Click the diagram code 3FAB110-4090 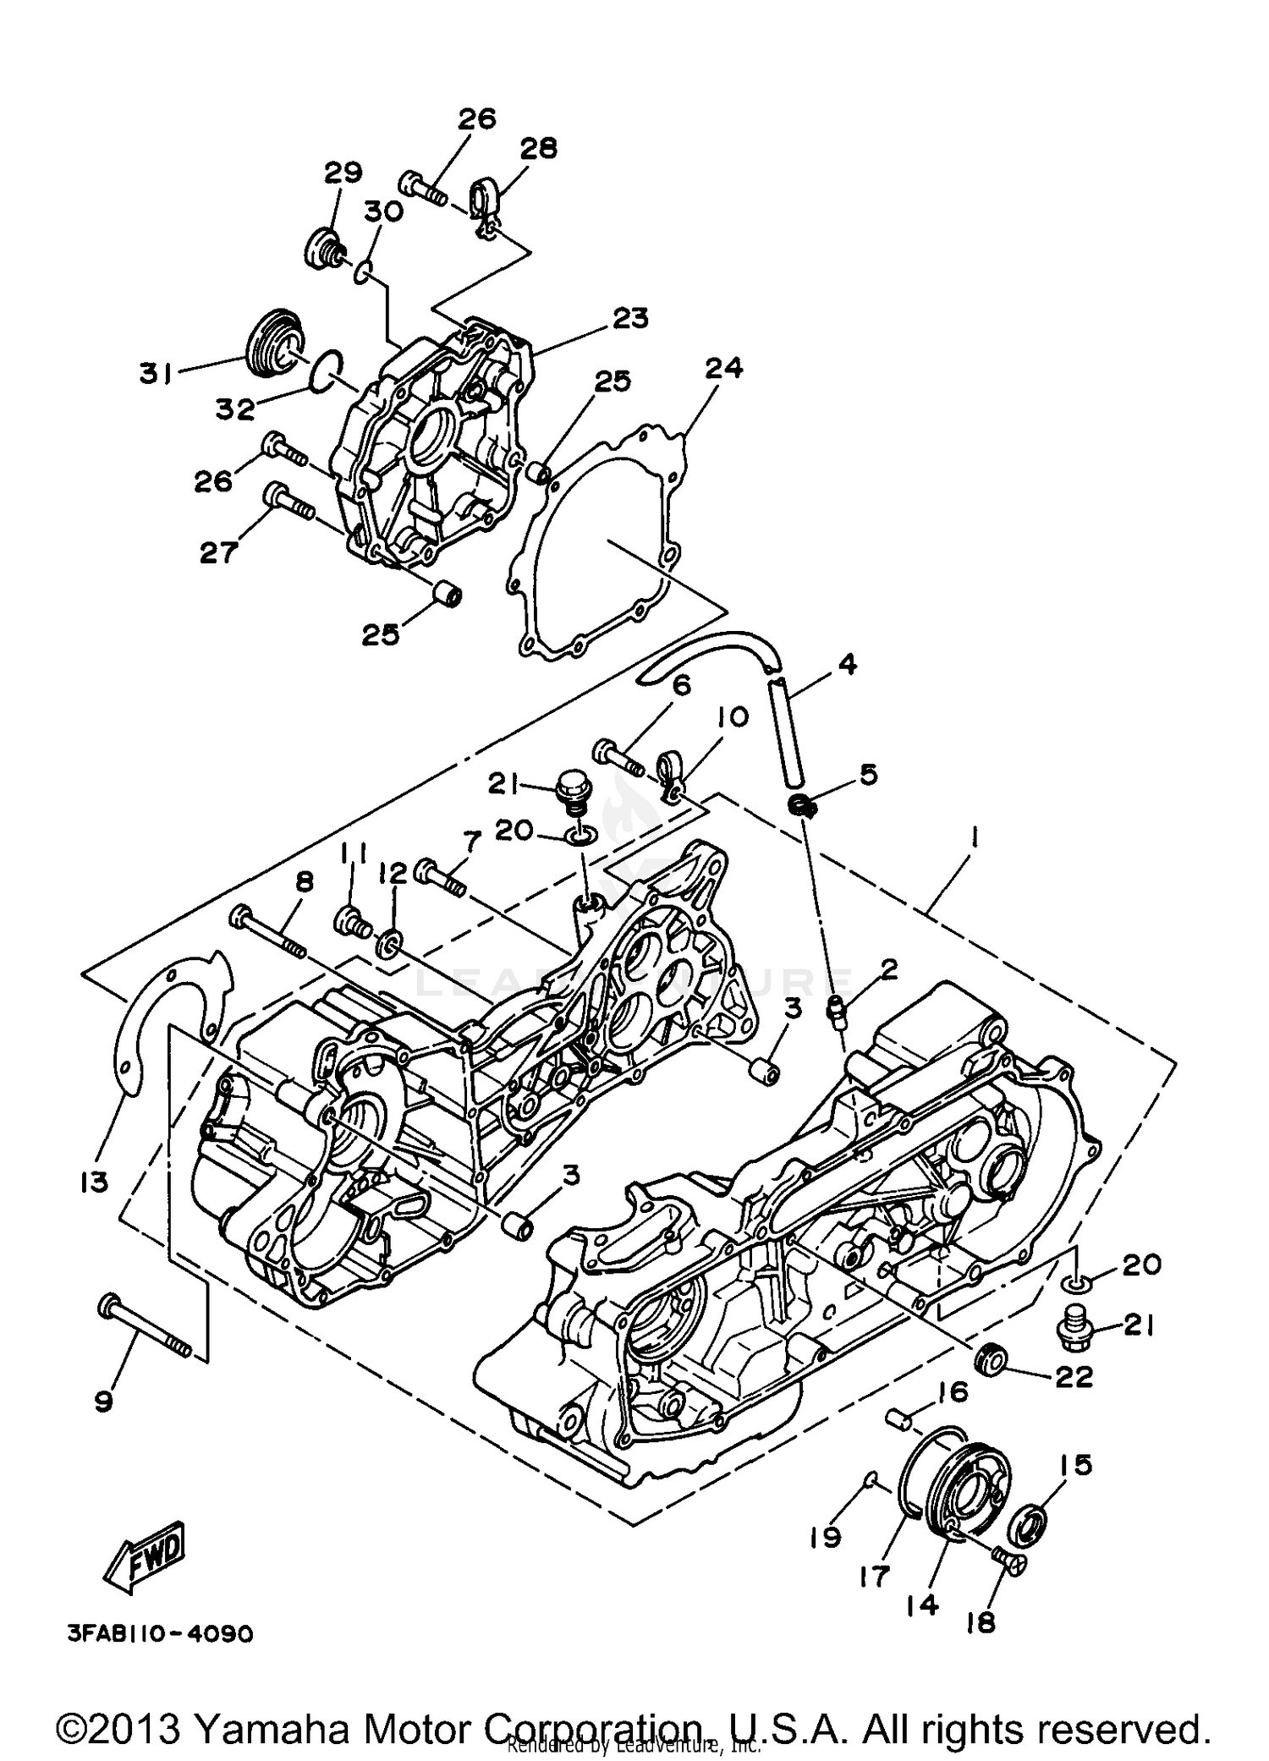pos(160,1633)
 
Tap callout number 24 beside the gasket pos(724,369)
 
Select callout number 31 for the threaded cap pos(157,373)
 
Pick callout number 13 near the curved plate pos(95,1181)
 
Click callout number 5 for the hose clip pos(869,774)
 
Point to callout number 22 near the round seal pos(1074,1377)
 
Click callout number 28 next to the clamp pos(538,149)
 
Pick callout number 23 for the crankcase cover pos(629,318)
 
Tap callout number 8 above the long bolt pos(305,881)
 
